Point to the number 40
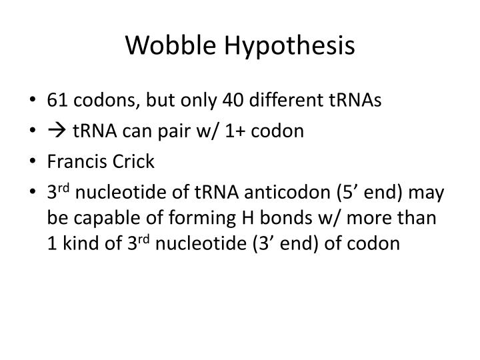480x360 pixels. pos(235,100)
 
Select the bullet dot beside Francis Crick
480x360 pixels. pos(34,162)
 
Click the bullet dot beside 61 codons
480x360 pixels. pos(34,101)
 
